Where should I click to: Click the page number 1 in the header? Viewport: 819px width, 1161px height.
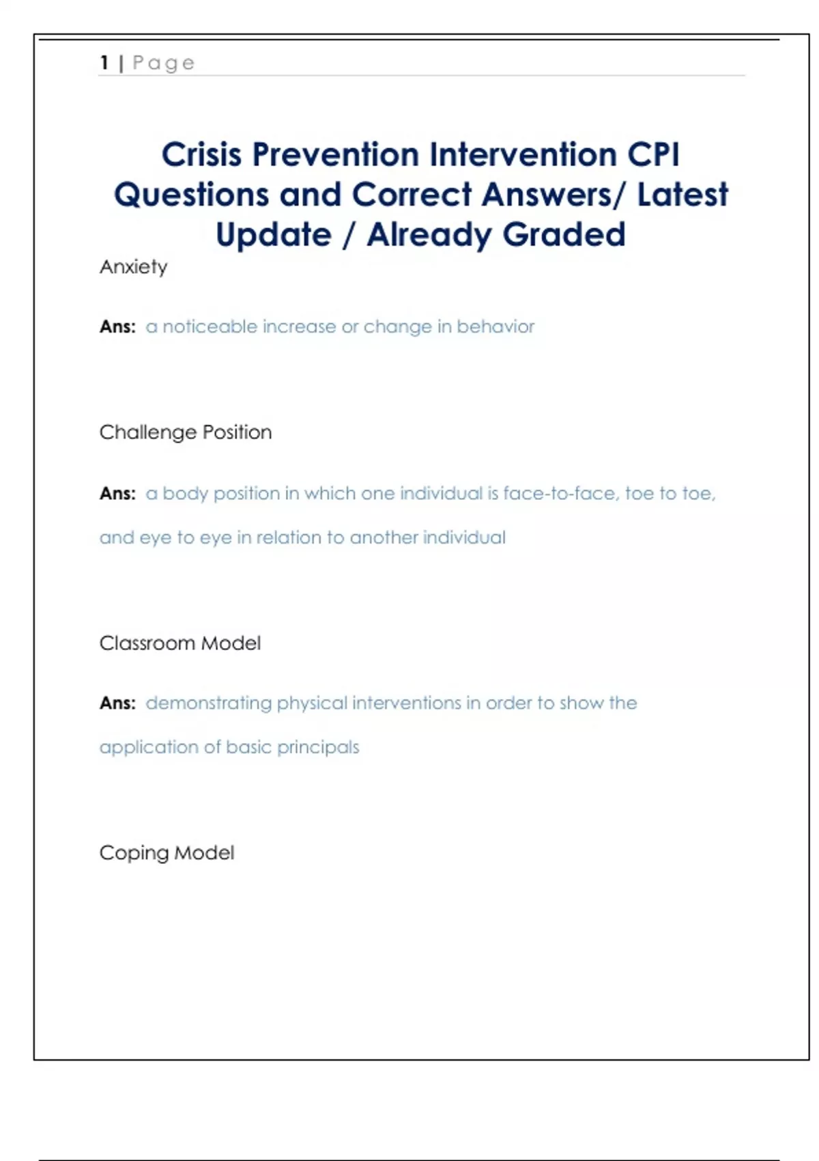(x=104, y=63)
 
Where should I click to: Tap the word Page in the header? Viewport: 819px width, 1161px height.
(x=164, y=64)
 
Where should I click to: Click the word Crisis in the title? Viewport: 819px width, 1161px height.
(x=201, y=154)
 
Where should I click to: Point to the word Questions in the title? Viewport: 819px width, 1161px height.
(x=192, y=195)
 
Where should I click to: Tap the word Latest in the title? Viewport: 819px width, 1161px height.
(x=682, y=195)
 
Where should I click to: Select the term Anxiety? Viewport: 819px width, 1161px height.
(x=134, y=267)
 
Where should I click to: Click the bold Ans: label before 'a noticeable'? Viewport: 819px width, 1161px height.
(x=117, y=327)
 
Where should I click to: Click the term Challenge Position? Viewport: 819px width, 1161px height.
(x=186, y=432)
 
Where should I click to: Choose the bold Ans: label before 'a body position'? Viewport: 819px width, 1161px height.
(x=117, y=494)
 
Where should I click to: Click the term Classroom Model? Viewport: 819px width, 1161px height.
(x=180, y=643)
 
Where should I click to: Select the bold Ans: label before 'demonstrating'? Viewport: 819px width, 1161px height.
(x=117, y=703)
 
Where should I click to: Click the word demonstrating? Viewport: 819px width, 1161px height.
(x=209, y=703)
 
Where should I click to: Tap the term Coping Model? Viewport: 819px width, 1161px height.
(x=167, y=853)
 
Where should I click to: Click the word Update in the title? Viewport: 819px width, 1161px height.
(x=274, y=235)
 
